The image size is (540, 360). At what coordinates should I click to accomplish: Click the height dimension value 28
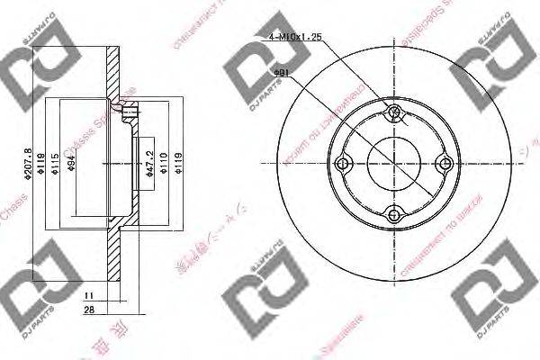[87, 310]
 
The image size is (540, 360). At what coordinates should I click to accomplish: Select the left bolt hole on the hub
[342, 164]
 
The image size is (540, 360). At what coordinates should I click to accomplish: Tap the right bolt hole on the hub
[443, 164]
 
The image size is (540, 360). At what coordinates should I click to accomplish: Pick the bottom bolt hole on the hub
[392, 214]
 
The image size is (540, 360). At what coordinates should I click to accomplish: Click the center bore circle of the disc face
[392, 164]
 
